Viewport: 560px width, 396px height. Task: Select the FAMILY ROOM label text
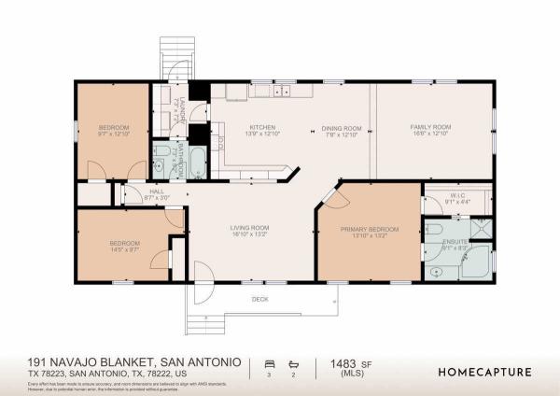coord(431,127)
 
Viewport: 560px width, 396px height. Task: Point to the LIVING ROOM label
coord(250,228)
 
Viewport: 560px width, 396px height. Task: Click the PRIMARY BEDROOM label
coord(370,229)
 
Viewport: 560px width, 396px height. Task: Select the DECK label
coord(260,299)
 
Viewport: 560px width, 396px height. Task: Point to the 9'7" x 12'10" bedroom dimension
coord(112,134)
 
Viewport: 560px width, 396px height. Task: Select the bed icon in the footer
coord(269,365)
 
